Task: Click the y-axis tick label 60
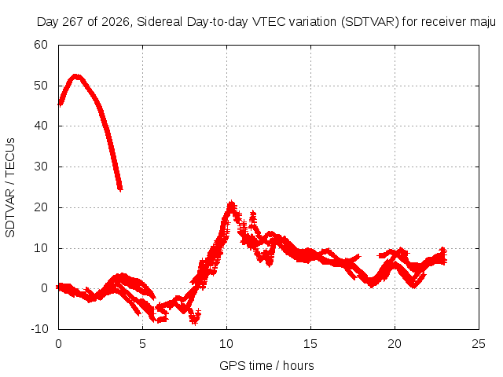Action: tap(41, 45)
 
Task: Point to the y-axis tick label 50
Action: tap(41, 86)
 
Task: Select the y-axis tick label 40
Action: tap(41, 126)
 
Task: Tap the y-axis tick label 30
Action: tap(41, 167)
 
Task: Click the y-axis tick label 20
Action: tap(41, 207)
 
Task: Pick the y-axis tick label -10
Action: tap(39, 329)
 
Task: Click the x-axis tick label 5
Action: tap(142, 344)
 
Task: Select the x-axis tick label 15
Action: tap(310, 344)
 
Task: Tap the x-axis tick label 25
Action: tap(479, 344)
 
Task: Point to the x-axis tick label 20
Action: tap(395, 344)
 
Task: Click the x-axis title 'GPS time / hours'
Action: tap(266, 366)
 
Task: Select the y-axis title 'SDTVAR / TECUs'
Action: tap(10, 188)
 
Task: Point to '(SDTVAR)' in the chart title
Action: tap(369, 22)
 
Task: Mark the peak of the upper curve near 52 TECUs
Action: tap(76, 77)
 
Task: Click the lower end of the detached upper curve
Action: tap(120, 188)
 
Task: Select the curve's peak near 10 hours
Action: tap(231, 204)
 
